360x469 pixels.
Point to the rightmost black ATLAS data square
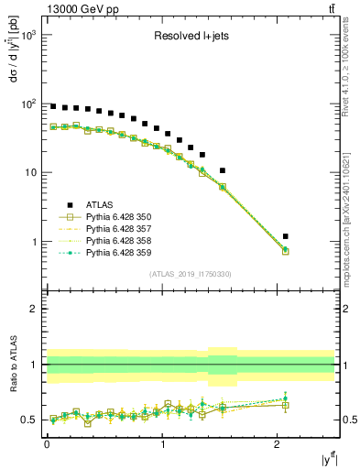pyautogui.click(x=286, y=236)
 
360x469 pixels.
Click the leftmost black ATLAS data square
pyautogui.click(x=53, y=106)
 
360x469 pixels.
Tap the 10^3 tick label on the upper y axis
pyautogui.click(x=28, y=35)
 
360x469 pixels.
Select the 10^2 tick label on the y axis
pyautogui.click(x=28, y=104)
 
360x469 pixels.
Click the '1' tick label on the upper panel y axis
pyautogui.click(x=35, y=242)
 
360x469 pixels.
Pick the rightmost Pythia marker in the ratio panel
pyautogui.click(x=286, y=399)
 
